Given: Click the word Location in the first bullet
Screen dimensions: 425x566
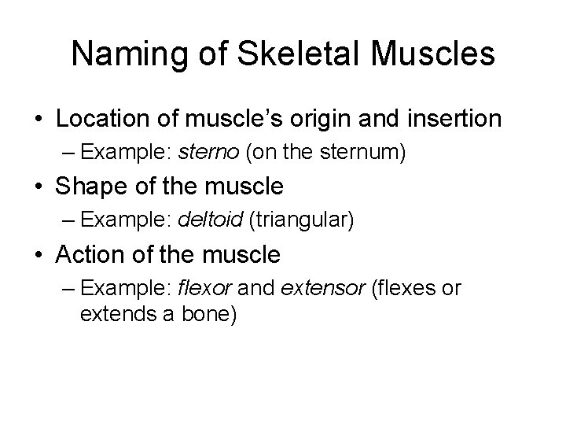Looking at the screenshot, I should point(108,120).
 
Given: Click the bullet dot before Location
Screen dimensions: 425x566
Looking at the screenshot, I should point(37,120).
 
